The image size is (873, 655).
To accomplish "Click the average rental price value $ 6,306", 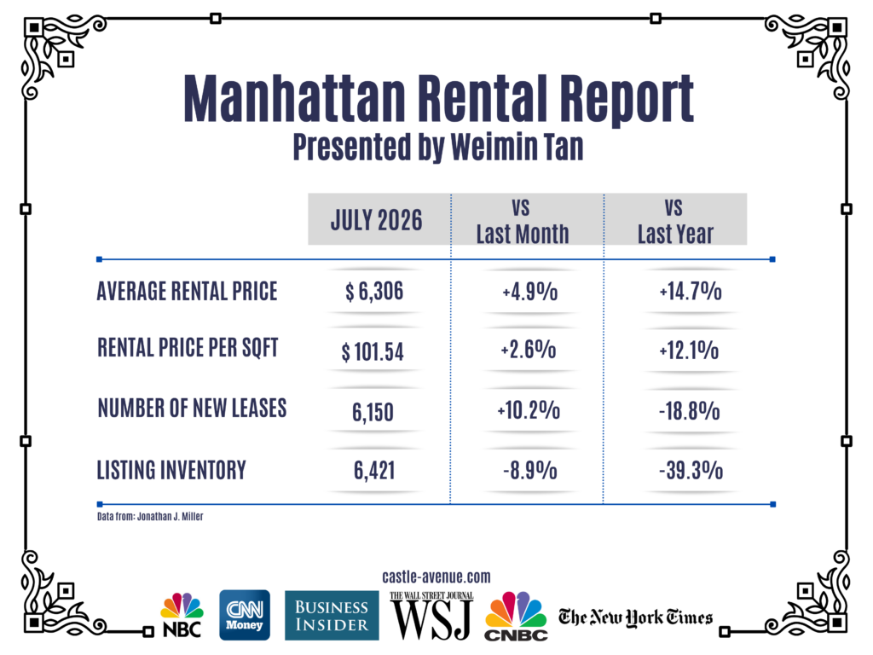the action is click(x=374, y=292).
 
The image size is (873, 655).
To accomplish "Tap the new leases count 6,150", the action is click(x=373, y=412).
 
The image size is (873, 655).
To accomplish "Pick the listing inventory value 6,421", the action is click(x=374, y=471).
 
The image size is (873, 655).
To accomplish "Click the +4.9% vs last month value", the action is click(x=529, y=292).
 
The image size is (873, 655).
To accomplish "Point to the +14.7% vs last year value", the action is click(x=691, y=292).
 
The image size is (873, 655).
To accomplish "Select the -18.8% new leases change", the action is click(x=689, y=411).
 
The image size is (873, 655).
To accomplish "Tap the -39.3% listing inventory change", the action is click(x=691, y=471).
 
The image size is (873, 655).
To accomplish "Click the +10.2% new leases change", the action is click(x=529, y=410).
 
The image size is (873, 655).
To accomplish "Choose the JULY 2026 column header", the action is click(x=376, y=220).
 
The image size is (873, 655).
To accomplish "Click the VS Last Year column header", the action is click(x=675, y=221).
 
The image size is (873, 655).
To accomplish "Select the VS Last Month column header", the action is click(x=523, y=221).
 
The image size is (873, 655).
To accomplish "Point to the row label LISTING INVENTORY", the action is click(x=171, y=470).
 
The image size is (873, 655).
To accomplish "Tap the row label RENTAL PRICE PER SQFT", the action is click(x=188, y=348).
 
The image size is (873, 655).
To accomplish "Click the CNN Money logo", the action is click(x=245, y=615).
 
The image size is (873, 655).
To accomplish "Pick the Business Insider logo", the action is click(x=332, y=616).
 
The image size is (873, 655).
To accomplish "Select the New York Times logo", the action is click(x=635, y=617).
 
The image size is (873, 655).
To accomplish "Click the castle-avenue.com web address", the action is click(x=436, y=577).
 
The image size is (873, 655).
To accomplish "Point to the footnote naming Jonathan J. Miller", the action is click(x=150, y=516).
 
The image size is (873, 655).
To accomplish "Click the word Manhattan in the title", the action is click(x=294, y=98).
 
